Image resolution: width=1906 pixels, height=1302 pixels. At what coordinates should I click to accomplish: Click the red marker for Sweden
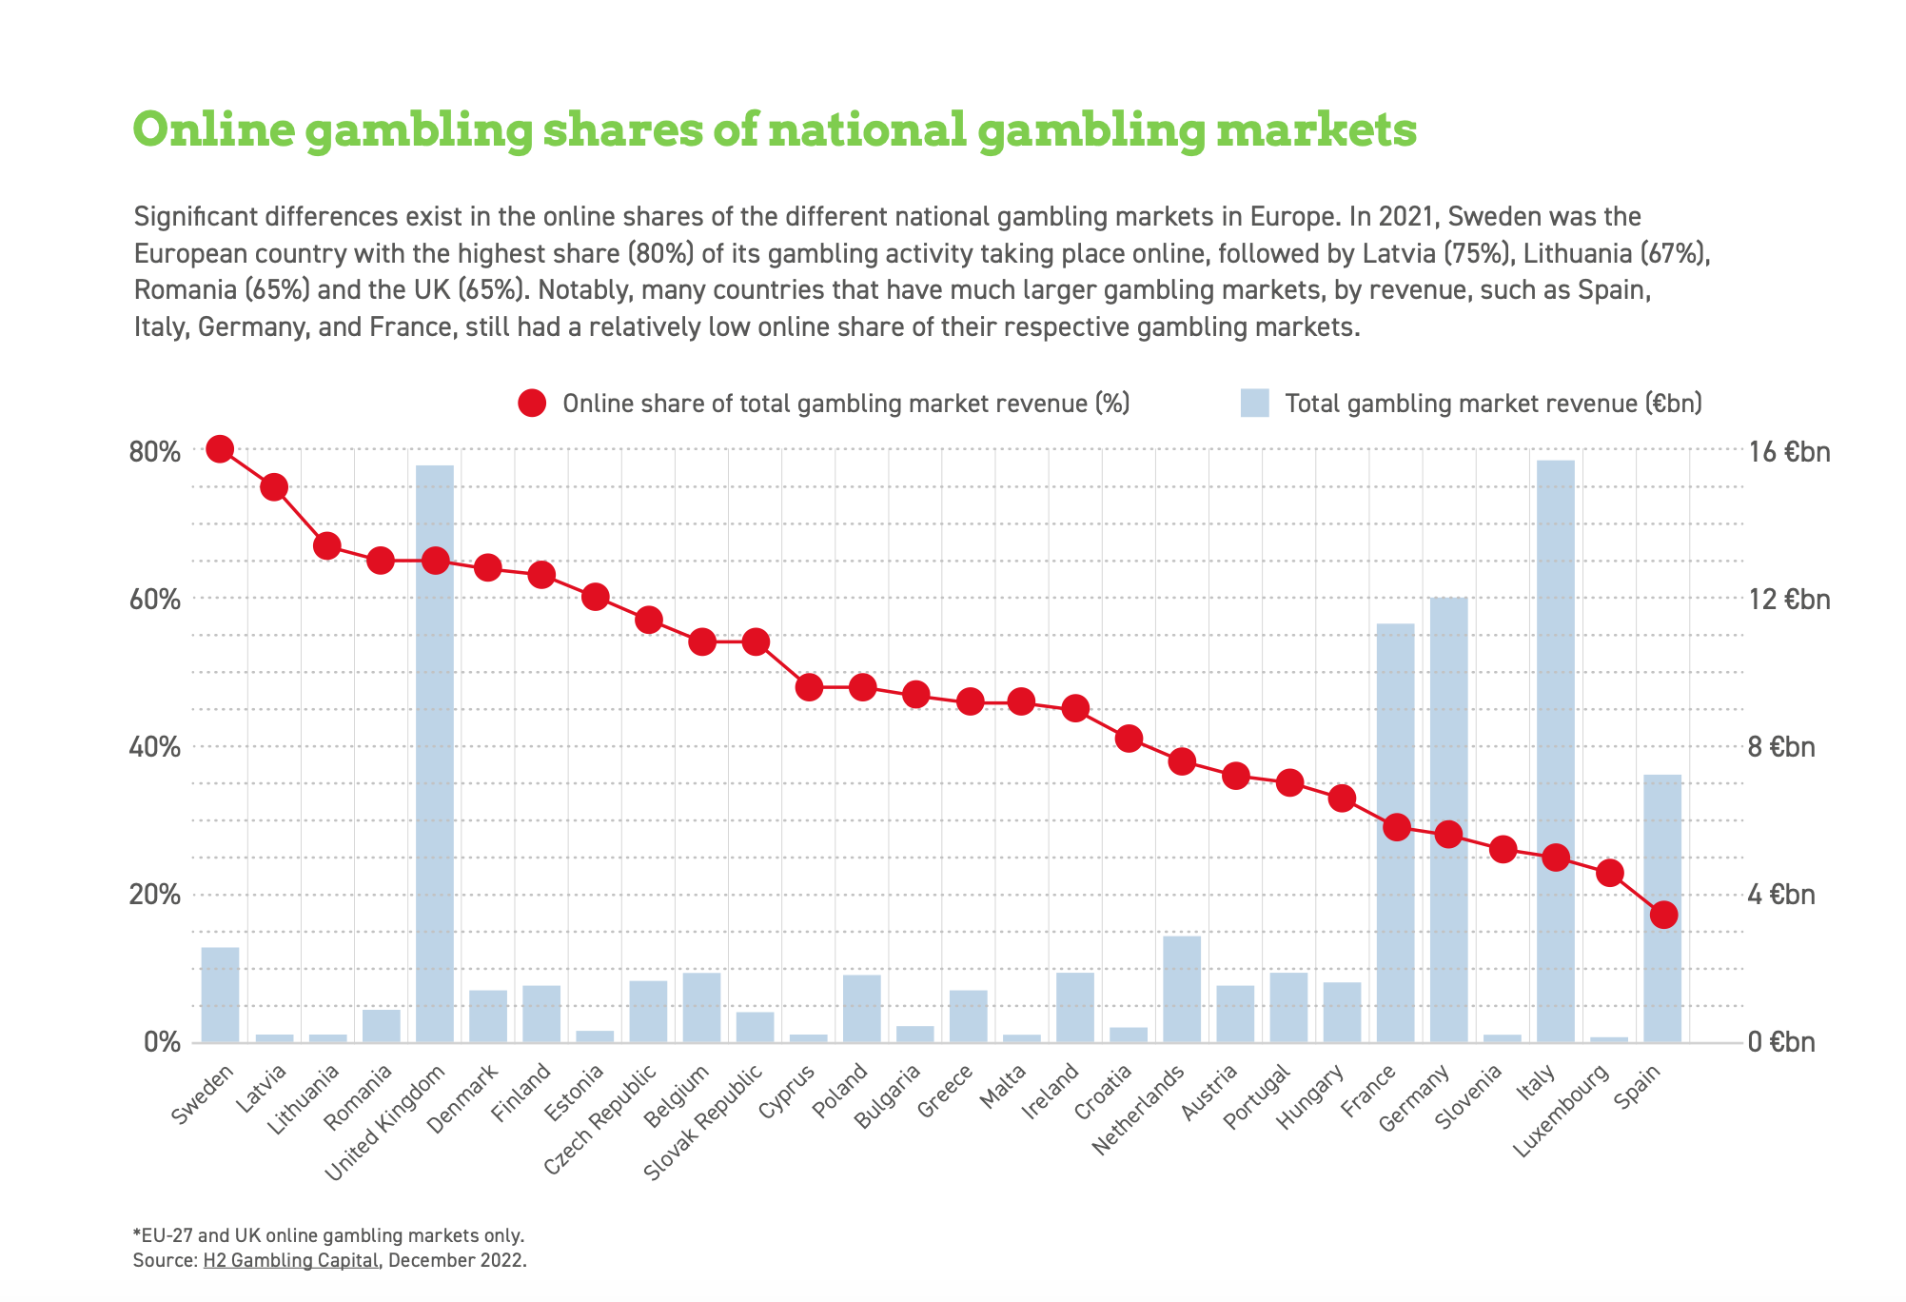[220, 449]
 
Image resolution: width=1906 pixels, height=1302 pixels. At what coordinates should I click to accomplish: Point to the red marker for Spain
[1663, 915]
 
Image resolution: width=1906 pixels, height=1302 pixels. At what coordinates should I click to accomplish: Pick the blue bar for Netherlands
[1182, 990]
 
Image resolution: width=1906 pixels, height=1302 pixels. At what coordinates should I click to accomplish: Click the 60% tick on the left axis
[154, 600]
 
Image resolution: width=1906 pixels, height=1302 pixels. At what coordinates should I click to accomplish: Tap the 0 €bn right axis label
[1781, 1042]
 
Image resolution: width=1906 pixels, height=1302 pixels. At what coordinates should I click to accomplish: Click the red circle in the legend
[532, 404]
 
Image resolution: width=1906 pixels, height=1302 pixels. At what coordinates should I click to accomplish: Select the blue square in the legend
[1254, 404]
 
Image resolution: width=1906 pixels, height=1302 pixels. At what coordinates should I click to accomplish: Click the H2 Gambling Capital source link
[290, 1261]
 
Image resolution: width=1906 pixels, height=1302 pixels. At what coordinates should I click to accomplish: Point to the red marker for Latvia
[274, 487]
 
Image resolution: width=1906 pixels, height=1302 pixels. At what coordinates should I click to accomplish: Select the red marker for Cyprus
[809, 687]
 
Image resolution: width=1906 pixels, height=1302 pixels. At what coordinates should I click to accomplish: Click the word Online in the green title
[214, 129]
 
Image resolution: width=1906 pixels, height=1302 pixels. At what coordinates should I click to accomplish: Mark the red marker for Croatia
[1129, 739]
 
